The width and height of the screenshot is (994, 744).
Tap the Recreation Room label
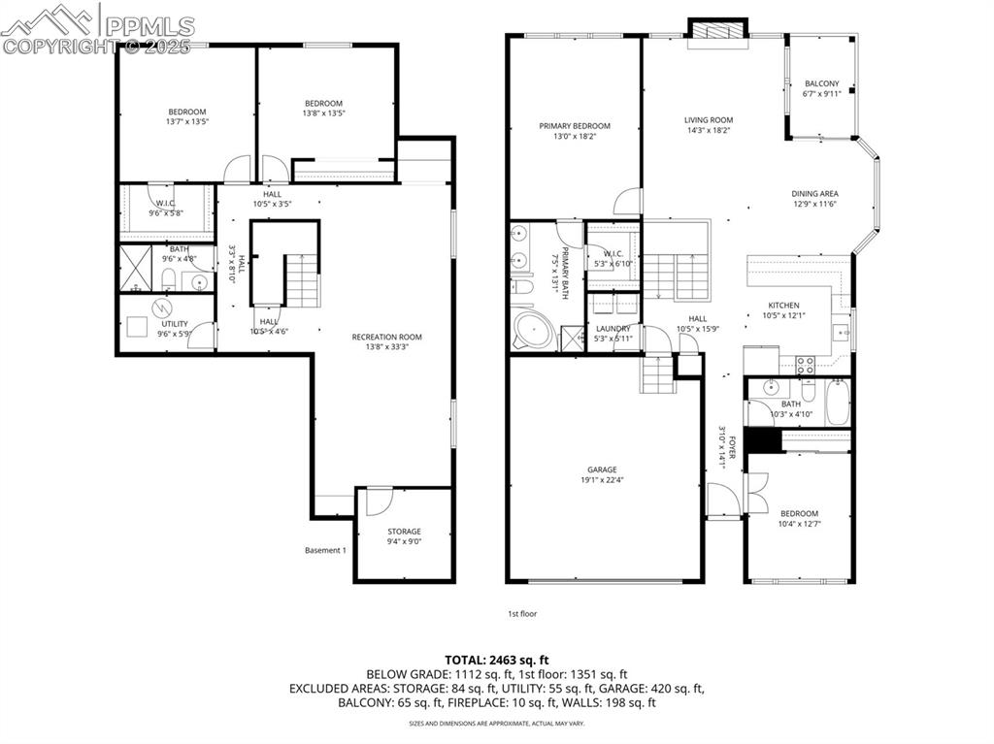coord(386,338)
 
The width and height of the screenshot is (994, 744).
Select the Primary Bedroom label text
coord(575,126)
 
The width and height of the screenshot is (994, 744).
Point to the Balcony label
coord(821,84)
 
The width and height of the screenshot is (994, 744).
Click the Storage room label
coord(404,531)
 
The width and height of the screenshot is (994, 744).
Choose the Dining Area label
coord(814,193)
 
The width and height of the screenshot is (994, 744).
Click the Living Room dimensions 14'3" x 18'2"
coord(708,130)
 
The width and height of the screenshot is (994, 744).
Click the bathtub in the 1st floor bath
coord(837,403)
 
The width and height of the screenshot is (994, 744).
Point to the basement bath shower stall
coord(131,269)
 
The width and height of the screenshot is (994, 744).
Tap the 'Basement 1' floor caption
coord(325,550)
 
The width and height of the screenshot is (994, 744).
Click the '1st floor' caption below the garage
coord(522,613)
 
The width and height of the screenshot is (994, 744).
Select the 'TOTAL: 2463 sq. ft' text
coord(496,659)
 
